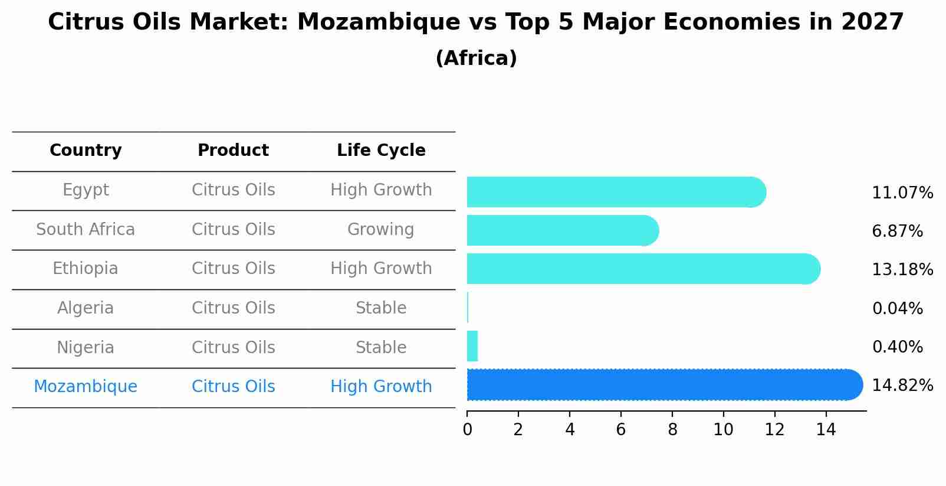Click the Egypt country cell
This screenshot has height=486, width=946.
click(x=86, y=190)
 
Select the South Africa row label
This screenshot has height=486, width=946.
click(x=86, y=230)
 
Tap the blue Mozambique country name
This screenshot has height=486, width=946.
click(x=86, y=387)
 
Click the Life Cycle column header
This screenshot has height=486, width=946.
click(x=381, y=151)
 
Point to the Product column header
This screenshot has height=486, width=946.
click(x=233, y=151)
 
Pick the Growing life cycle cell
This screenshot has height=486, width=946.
click(x=381, y=230)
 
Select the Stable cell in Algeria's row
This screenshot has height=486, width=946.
click(x=381, y=308)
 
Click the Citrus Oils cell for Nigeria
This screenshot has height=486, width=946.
click(x=233, y=348)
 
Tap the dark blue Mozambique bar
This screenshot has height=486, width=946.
click(x=661, y=385)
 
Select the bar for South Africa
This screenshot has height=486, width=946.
click(x=560, y=230)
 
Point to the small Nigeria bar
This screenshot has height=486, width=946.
click(x=472, y=346)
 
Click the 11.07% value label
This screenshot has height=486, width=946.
click(x=902, y=193)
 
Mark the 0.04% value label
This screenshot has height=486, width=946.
click(x=897, y=309)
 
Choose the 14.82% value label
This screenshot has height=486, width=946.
click(x=902, y=386)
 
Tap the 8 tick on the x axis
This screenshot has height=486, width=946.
click(x=672, y=430)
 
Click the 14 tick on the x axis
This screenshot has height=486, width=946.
click(x=826, y=430)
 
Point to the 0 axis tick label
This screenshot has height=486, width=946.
click(x=467, y=430)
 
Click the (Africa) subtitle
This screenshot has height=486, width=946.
click(x=476, y=58)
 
